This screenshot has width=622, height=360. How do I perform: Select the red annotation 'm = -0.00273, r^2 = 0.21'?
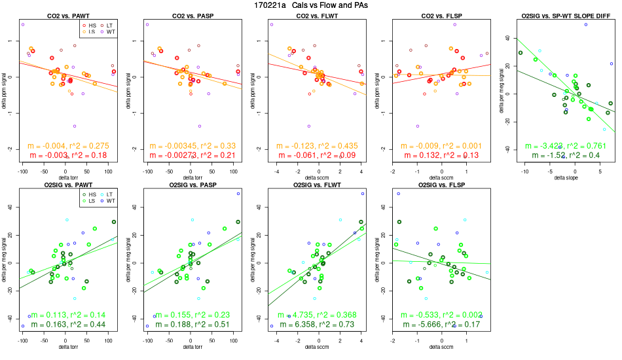click(x=191, y=155)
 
